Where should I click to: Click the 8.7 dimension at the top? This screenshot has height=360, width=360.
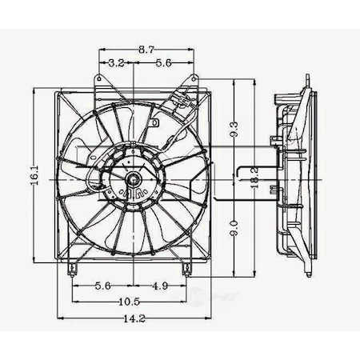point(146,50)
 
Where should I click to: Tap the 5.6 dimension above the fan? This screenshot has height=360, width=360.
point(163,61)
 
